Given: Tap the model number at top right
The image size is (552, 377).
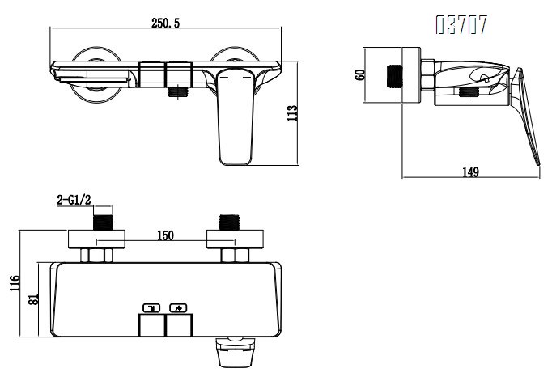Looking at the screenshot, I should (461, 26).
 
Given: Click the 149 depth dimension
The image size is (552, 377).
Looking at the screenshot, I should (470, 172).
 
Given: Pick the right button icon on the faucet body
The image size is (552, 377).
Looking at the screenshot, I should (178, 307).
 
